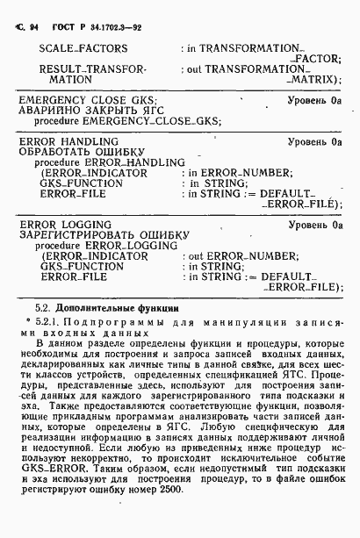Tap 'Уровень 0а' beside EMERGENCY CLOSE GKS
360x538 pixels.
313,101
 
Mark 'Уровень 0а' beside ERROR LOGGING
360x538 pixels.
313,226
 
